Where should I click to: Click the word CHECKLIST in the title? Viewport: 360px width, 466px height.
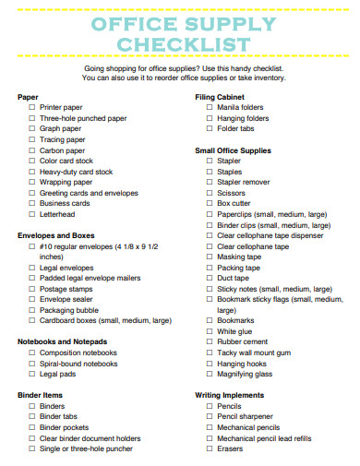point(180,45)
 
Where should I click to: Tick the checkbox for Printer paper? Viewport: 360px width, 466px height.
point(31,107)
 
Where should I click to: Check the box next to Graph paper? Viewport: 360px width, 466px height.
point(31,128)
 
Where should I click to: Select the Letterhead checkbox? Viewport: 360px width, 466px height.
point(31,214)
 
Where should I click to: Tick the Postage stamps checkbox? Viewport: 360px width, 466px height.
point(31,289)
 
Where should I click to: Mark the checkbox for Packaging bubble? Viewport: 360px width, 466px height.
point(31,310)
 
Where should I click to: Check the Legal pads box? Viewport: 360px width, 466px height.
point(31,375)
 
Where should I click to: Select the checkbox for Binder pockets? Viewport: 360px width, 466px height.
point(31,427)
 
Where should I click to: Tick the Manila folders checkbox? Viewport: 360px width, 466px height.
point(209,107)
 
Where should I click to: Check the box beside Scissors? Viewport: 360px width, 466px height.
point(209,193)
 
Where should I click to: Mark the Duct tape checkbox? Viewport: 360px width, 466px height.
point(209,278)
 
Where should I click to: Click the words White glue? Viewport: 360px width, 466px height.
point(234,331)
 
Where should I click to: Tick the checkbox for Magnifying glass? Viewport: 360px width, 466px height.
point(209,375)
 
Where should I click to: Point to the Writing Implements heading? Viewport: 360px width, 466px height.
point(230,395)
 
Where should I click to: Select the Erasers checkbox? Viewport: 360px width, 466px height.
point(209,448)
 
